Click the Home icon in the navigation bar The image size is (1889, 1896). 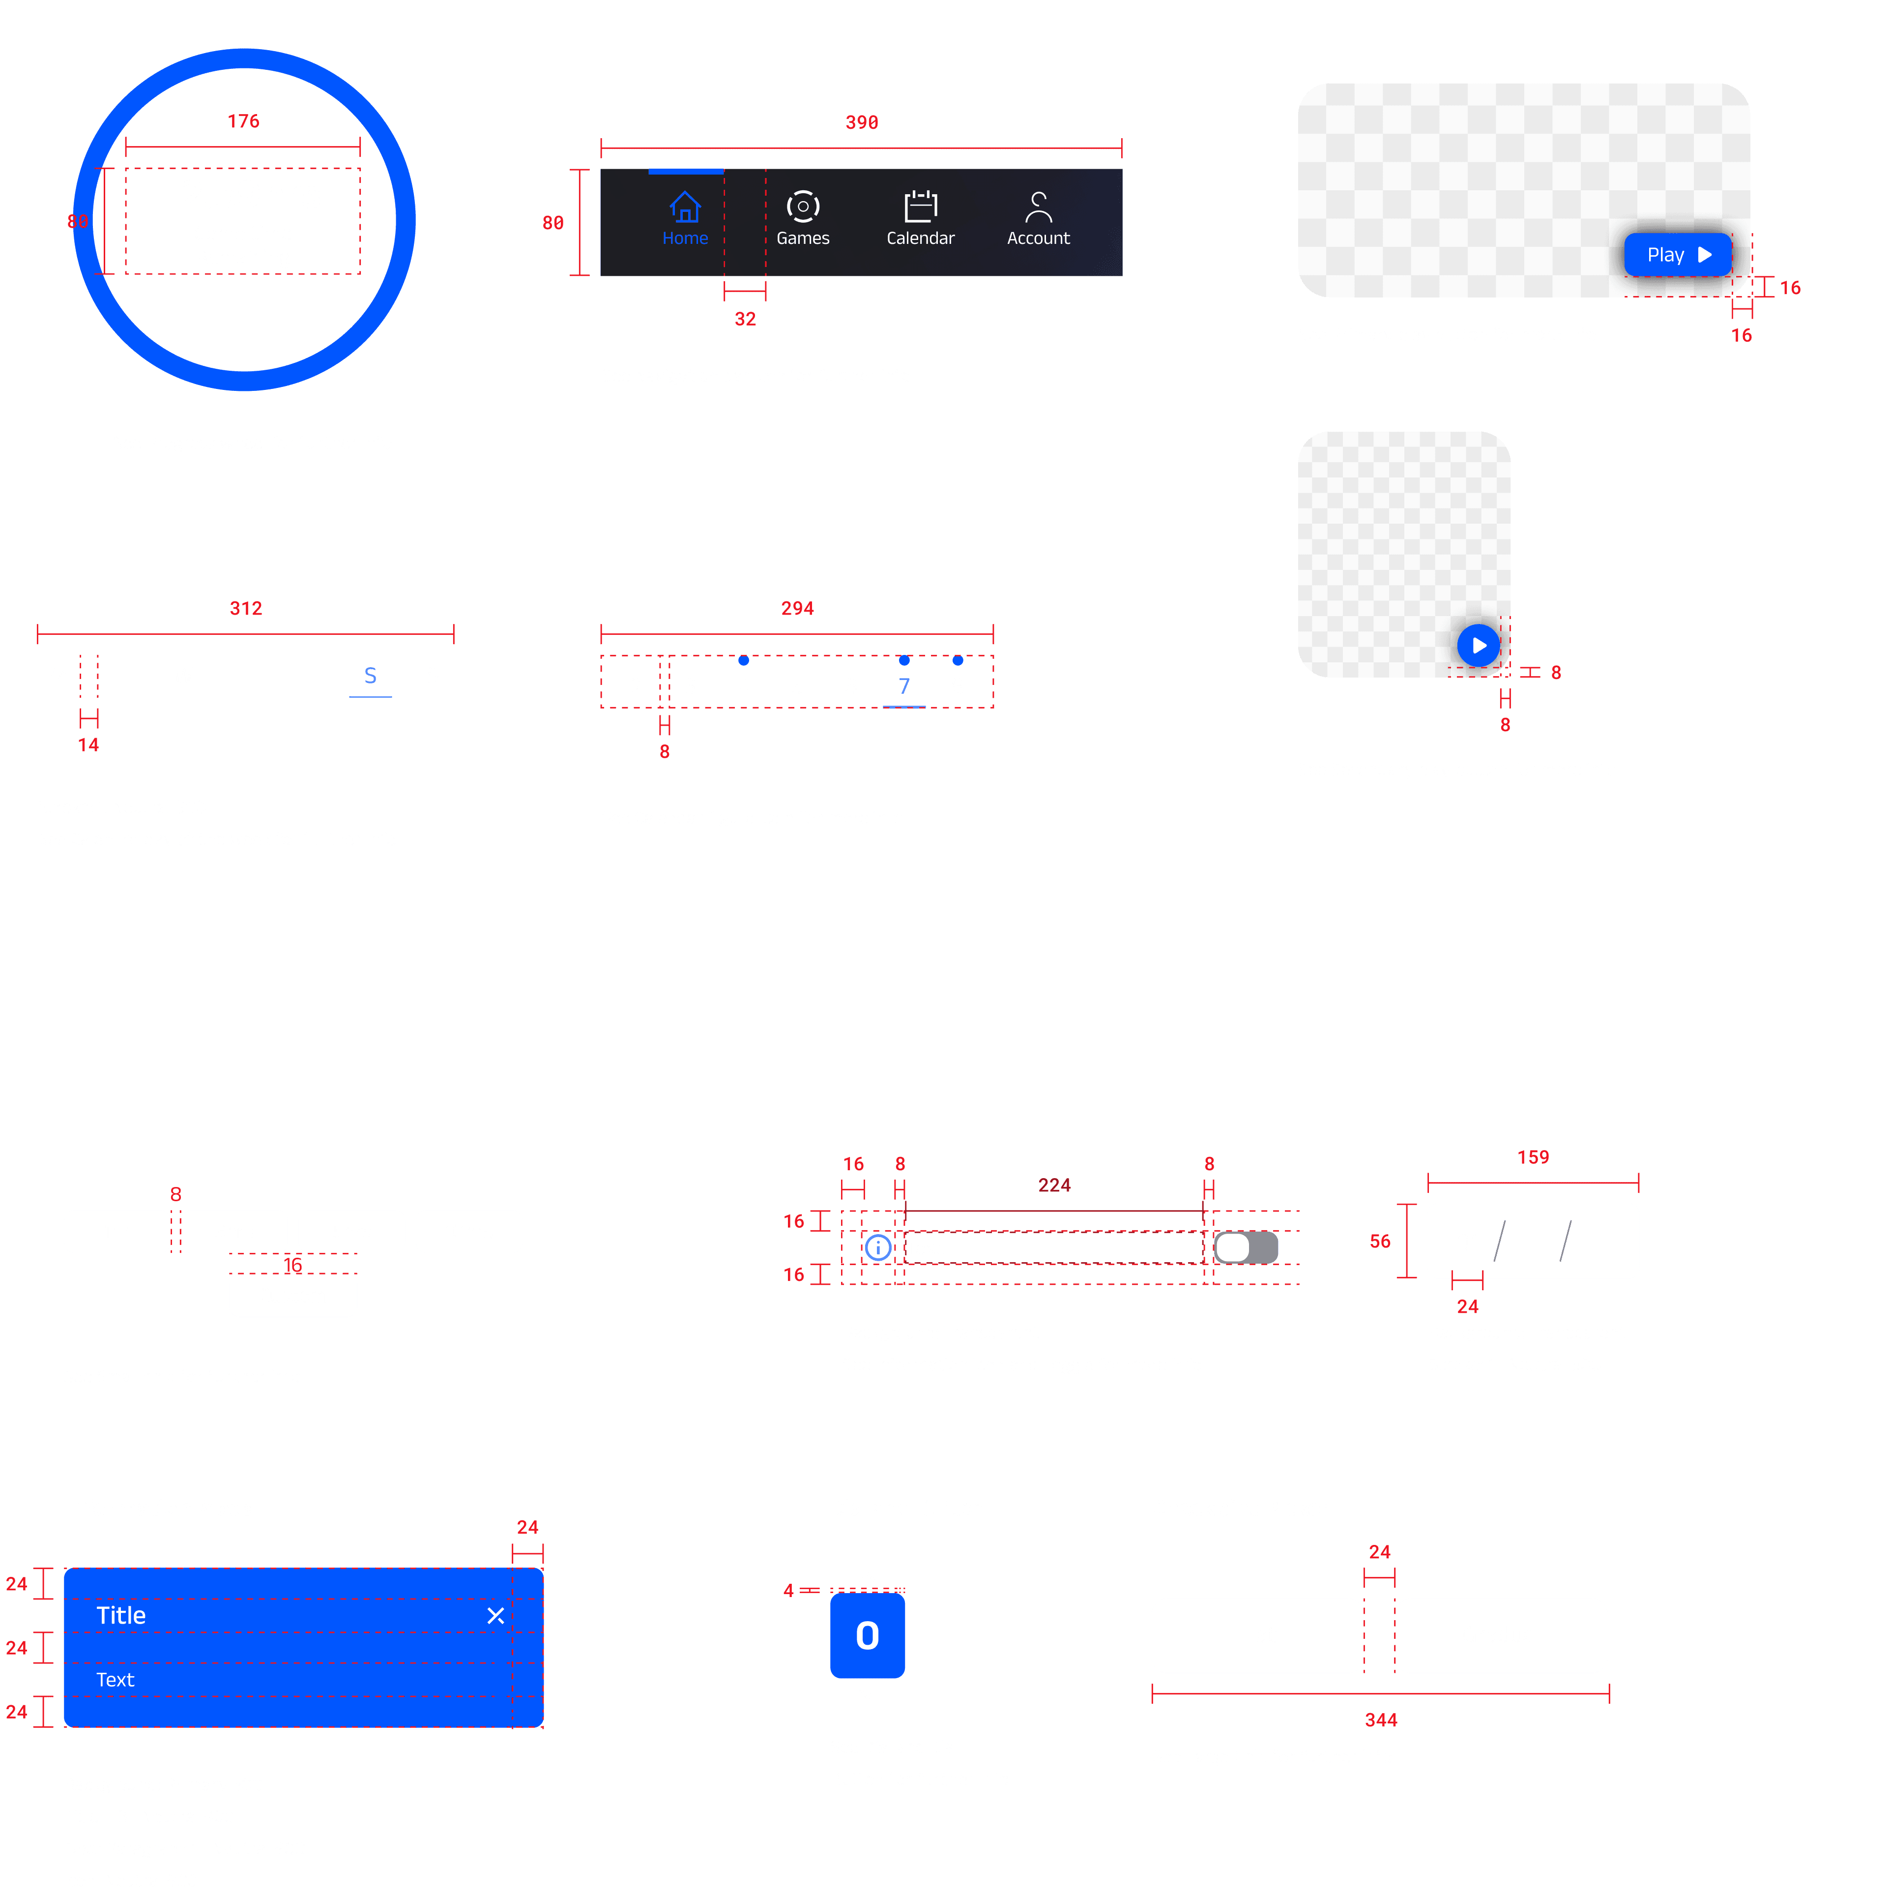685,207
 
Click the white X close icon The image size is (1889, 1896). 495,1615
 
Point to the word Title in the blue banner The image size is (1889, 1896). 121,1615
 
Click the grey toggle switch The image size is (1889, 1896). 1246,1247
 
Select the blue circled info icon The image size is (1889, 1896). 878,1247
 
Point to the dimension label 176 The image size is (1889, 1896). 243,120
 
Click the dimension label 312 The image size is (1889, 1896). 246,608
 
